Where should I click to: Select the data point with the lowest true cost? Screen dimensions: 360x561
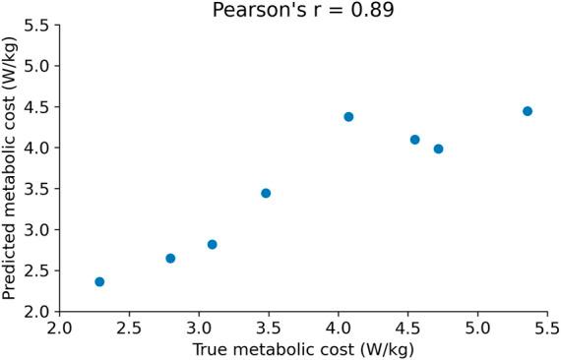click(x=99, y=281)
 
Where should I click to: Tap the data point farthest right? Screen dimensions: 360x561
click(x=528, y=111)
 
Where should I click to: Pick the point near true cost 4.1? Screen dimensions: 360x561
click(x=348, y=117)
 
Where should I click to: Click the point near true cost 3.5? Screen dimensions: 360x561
click(x=266, y=193)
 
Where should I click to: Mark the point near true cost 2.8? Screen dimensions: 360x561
click(x=170, y=258)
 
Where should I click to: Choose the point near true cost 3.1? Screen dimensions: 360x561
click(x=212, y=244)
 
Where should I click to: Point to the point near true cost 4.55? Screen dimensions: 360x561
click(x=414, y=140)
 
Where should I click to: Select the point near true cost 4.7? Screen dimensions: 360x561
click(x=438, y=149)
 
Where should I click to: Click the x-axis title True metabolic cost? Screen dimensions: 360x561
click(x=302, y=348)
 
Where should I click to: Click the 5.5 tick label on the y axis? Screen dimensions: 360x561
click(x=36, y=25)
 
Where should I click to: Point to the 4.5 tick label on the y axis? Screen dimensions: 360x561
click(x=36, y=107)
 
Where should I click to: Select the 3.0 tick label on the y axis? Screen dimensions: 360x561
click(x=36, y=230)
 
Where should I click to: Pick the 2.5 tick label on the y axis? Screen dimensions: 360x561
click(x=36, y=270)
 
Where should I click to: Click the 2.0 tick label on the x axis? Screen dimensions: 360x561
click(x=60, y=327)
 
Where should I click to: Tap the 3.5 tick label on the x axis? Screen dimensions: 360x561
click(x=269, y=327)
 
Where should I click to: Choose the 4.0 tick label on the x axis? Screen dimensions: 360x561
click(x=339, y=327)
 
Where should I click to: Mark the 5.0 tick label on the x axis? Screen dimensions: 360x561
click(x=477, y=327)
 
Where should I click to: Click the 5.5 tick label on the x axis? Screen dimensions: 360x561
click(x=546, y=327)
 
